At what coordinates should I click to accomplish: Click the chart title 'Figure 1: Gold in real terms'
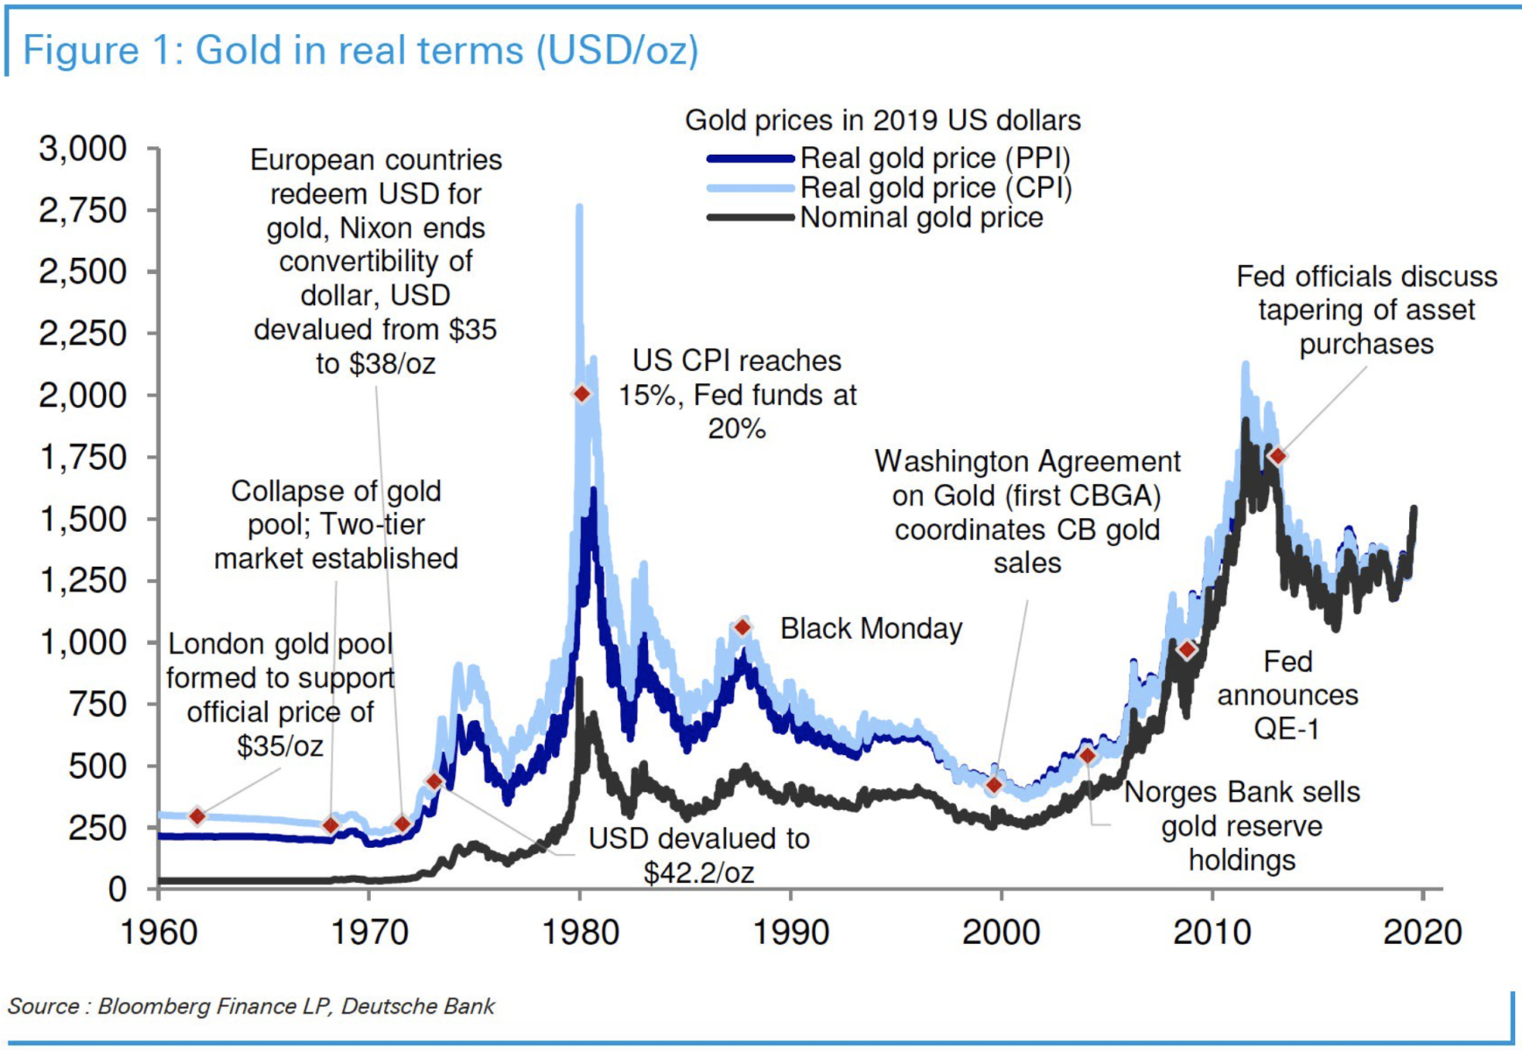coord(360,50)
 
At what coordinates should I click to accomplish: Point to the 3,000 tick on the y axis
coord(83,149)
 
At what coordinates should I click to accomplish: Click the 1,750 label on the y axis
coord(83,457)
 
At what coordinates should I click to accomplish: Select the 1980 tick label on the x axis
coord(580,933)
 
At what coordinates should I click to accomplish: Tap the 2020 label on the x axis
coord(1422,933)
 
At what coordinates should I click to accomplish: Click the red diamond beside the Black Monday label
coord(743,627)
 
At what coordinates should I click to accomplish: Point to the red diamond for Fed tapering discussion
coord(1278,456)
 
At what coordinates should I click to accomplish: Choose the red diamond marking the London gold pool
coord(198,815)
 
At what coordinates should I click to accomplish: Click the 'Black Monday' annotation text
coord(870,628)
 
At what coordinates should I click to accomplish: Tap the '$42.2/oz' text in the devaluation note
coord(698,871)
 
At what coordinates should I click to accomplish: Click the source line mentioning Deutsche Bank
coord(251,1006)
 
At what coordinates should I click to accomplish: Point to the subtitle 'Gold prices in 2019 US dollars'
coord(882,120)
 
